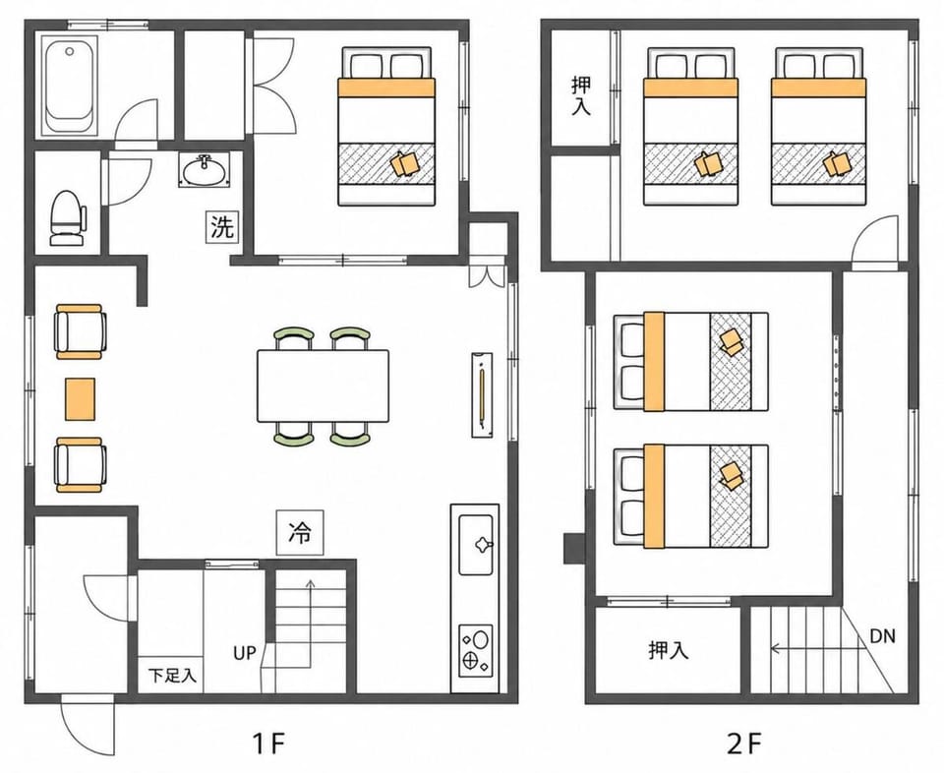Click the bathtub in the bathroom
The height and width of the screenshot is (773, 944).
[x=71, y=86]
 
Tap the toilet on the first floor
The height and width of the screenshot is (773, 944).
[x=67, y=218]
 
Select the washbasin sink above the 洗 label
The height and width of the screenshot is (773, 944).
[x=205, y=170]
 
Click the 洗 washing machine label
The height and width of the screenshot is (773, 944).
[x=221, y=227]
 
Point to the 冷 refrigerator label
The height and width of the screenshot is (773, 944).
[x=300, y=533]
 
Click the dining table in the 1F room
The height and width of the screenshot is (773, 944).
[x=323, y=386]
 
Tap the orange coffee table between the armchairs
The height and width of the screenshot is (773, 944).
[x=80, y=398]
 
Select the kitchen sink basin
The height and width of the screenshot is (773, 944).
[x=476, y=544]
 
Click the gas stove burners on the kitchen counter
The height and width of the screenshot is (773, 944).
[x=476, y=651]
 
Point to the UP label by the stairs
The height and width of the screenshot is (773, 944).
[x=245, y=653]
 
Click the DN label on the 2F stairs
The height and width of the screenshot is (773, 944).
[x=883, y=635]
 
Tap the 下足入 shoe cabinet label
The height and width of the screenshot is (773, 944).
[x=173, y=676]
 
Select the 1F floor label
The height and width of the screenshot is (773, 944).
[x=267, y=744]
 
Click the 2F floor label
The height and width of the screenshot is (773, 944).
[x=744, y=744]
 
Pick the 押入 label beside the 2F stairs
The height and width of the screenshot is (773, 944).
[x=669, y=650]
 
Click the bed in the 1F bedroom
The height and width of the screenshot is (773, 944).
[x=386, y=127]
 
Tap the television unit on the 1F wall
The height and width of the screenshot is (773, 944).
[x=482, y=395]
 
